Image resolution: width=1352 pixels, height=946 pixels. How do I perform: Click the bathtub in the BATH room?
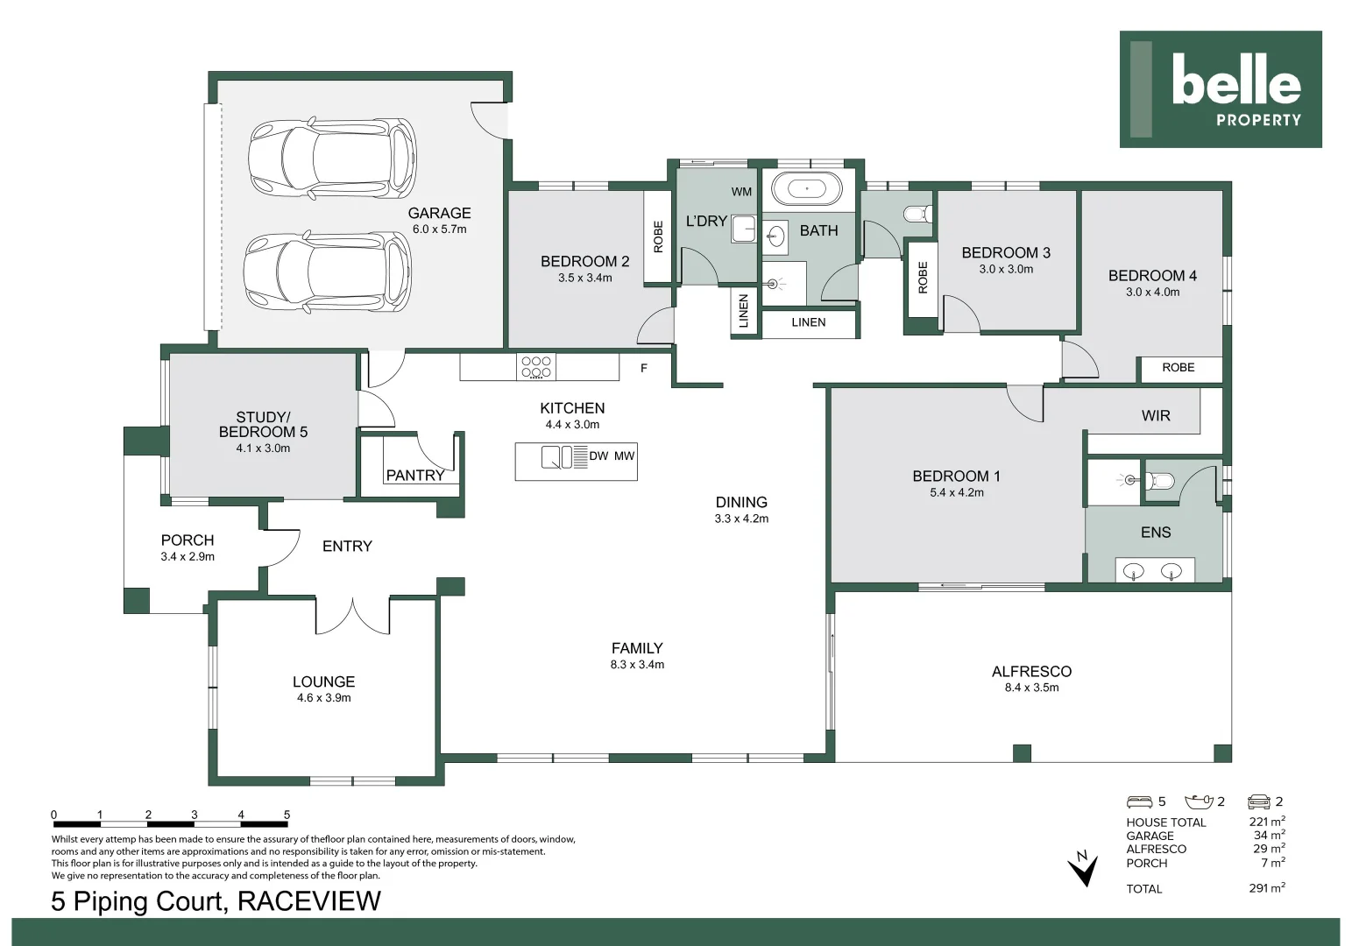[x=807, y=189]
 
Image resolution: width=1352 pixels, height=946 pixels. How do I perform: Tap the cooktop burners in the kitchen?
[x=536, y=367]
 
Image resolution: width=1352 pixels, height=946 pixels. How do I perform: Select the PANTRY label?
[x=415, y=476]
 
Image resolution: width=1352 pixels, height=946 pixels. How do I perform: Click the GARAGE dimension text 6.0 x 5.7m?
[x=439, y=229]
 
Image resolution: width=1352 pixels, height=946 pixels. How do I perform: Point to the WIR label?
[x=1156, y=416]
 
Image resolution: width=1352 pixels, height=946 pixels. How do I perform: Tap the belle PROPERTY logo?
[x=1221, y=89]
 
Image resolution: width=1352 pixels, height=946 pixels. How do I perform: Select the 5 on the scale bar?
[x=287, y=815]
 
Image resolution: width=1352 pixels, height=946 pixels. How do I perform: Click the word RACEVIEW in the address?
[x=309, y=901]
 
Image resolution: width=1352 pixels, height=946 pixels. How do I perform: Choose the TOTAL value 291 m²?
[x=1267, y=888]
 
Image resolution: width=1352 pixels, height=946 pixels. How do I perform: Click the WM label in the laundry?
[x=742, y=192]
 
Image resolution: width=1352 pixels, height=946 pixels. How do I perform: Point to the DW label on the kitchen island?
[x=598, y=456]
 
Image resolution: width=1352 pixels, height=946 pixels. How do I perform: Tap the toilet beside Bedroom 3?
[x=918, y=214]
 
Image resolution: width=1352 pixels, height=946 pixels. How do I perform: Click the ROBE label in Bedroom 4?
[x=1179, y=367]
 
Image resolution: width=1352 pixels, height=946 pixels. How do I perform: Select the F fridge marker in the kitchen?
[x=644, y=368]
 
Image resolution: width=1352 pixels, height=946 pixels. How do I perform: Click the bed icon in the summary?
[x=1139, y=801]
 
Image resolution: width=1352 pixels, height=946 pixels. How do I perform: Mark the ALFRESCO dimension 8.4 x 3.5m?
[x=1031, y=688]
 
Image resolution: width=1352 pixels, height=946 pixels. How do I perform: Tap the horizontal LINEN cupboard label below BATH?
[x=809, y=322]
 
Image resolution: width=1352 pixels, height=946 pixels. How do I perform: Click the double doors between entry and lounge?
[x=352, y=617]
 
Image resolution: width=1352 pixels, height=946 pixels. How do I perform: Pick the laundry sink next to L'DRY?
[x=744, y=229]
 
